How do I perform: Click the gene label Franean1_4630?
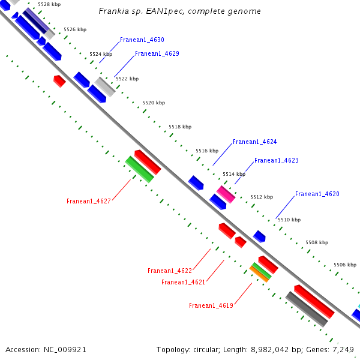coord(142,40)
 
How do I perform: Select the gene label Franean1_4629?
coord(157,53)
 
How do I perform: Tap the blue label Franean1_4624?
coord(254,142)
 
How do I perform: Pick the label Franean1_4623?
coord(276,160)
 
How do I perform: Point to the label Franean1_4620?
coord(317,194)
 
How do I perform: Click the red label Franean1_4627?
coord(88,201)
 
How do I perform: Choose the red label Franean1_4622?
coord(170,271)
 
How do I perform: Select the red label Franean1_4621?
coord(183,282)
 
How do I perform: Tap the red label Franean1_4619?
coord(211,305)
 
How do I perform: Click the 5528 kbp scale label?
coord(49,4)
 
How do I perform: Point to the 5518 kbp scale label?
coord(179,127)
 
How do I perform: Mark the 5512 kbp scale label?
coord(261,197)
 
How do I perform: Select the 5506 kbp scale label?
coord(344,265)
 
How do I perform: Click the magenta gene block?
coord(226,194)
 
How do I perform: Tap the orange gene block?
coord(259,274)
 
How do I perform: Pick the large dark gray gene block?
coord(306,309)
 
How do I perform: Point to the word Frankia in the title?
coord(114,11)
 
